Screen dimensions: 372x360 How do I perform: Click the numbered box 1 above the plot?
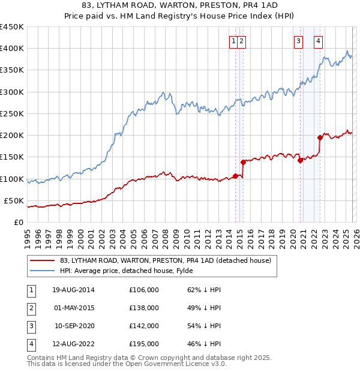click(233, 41)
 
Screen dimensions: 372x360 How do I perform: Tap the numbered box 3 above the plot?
click(298, 41)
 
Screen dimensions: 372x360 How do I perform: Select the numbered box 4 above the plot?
click(318, 41)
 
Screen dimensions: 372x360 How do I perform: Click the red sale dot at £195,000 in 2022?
click(320, 137)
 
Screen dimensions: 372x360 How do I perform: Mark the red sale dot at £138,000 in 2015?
click(243, 162)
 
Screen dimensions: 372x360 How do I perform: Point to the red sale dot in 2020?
click(299, 160)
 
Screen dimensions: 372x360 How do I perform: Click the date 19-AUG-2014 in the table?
click(74, 290)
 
